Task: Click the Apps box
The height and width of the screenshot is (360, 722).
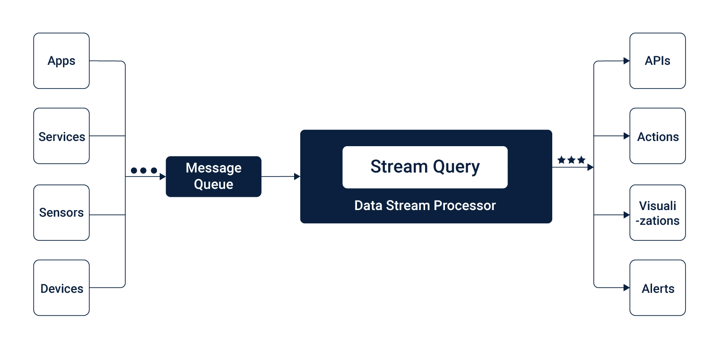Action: point(61,61)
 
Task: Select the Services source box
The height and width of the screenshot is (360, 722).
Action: point(61,136)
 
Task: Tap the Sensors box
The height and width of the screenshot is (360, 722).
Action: point(61,212)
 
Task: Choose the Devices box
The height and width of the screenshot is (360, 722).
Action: point(61,288)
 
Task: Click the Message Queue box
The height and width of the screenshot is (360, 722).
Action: point(214,176)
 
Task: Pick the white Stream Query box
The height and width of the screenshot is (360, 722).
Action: point(425,167)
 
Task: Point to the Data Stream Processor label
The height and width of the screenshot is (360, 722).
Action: point(425,205)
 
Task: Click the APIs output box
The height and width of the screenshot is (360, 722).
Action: point(658,61)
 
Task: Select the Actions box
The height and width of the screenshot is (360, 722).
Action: point(658,136)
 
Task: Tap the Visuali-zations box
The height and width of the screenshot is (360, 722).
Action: point(658,212)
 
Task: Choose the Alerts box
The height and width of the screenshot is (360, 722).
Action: point(658,288)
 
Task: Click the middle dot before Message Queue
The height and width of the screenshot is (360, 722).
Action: point(143,170)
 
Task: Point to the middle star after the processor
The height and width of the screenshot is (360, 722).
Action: point(572,160)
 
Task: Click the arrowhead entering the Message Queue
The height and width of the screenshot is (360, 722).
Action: point(163,176)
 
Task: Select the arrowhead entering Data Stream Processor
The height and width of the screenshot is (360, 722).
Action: point(297,176)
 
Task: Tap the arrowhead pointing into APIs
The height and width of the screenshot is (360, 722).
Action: point(626,61)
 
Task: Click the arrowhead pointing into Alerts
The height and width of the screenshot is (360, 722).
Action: point(626,288)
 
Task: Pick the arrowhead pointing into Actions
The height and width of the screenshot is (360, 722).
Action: point(626,136)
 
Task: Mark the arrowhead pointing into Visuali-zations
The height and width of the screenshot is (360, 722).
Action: point(626,215)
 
